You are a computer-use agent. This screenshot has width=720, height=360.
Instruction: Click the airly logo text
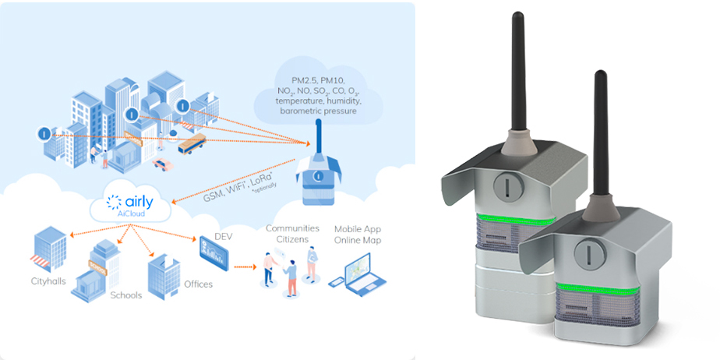coord(136,203)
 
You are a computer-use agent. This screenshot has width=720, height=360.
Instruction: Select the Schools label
coord(126,296)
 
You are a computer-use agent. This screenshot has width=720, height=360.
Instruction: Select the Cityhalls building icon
coord(49,247)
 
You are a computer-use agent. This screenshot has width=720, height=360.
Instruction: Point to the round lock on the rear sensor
coord(503,186)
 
